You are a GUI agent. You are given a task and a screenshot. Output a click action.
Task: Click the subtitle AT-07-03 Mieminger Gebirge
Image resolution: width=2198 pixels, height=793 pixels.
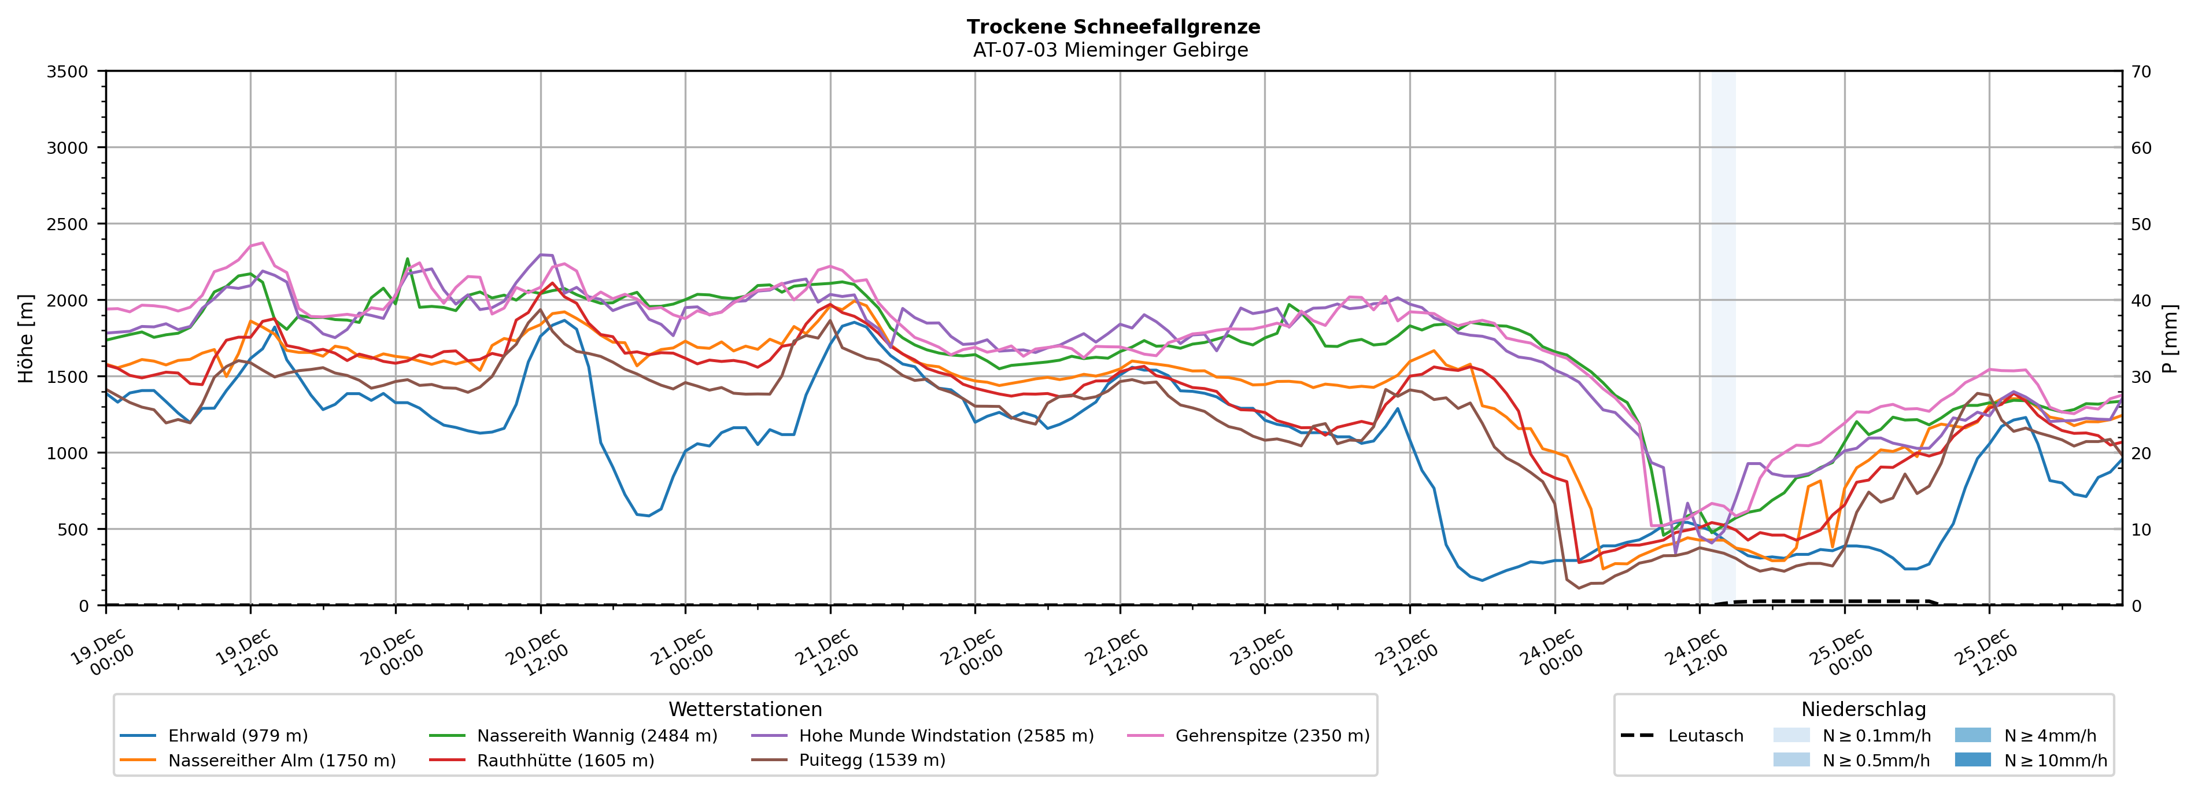click(1110, 50)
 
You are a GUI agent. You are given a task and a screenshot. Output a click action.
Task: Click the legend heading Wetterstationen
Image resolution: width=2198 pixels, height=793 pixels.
click(745, 709)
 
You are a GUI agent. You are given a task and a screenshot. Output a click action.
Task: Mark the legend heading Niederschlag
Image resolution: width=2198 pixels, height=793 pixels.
click(1864, 709)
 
